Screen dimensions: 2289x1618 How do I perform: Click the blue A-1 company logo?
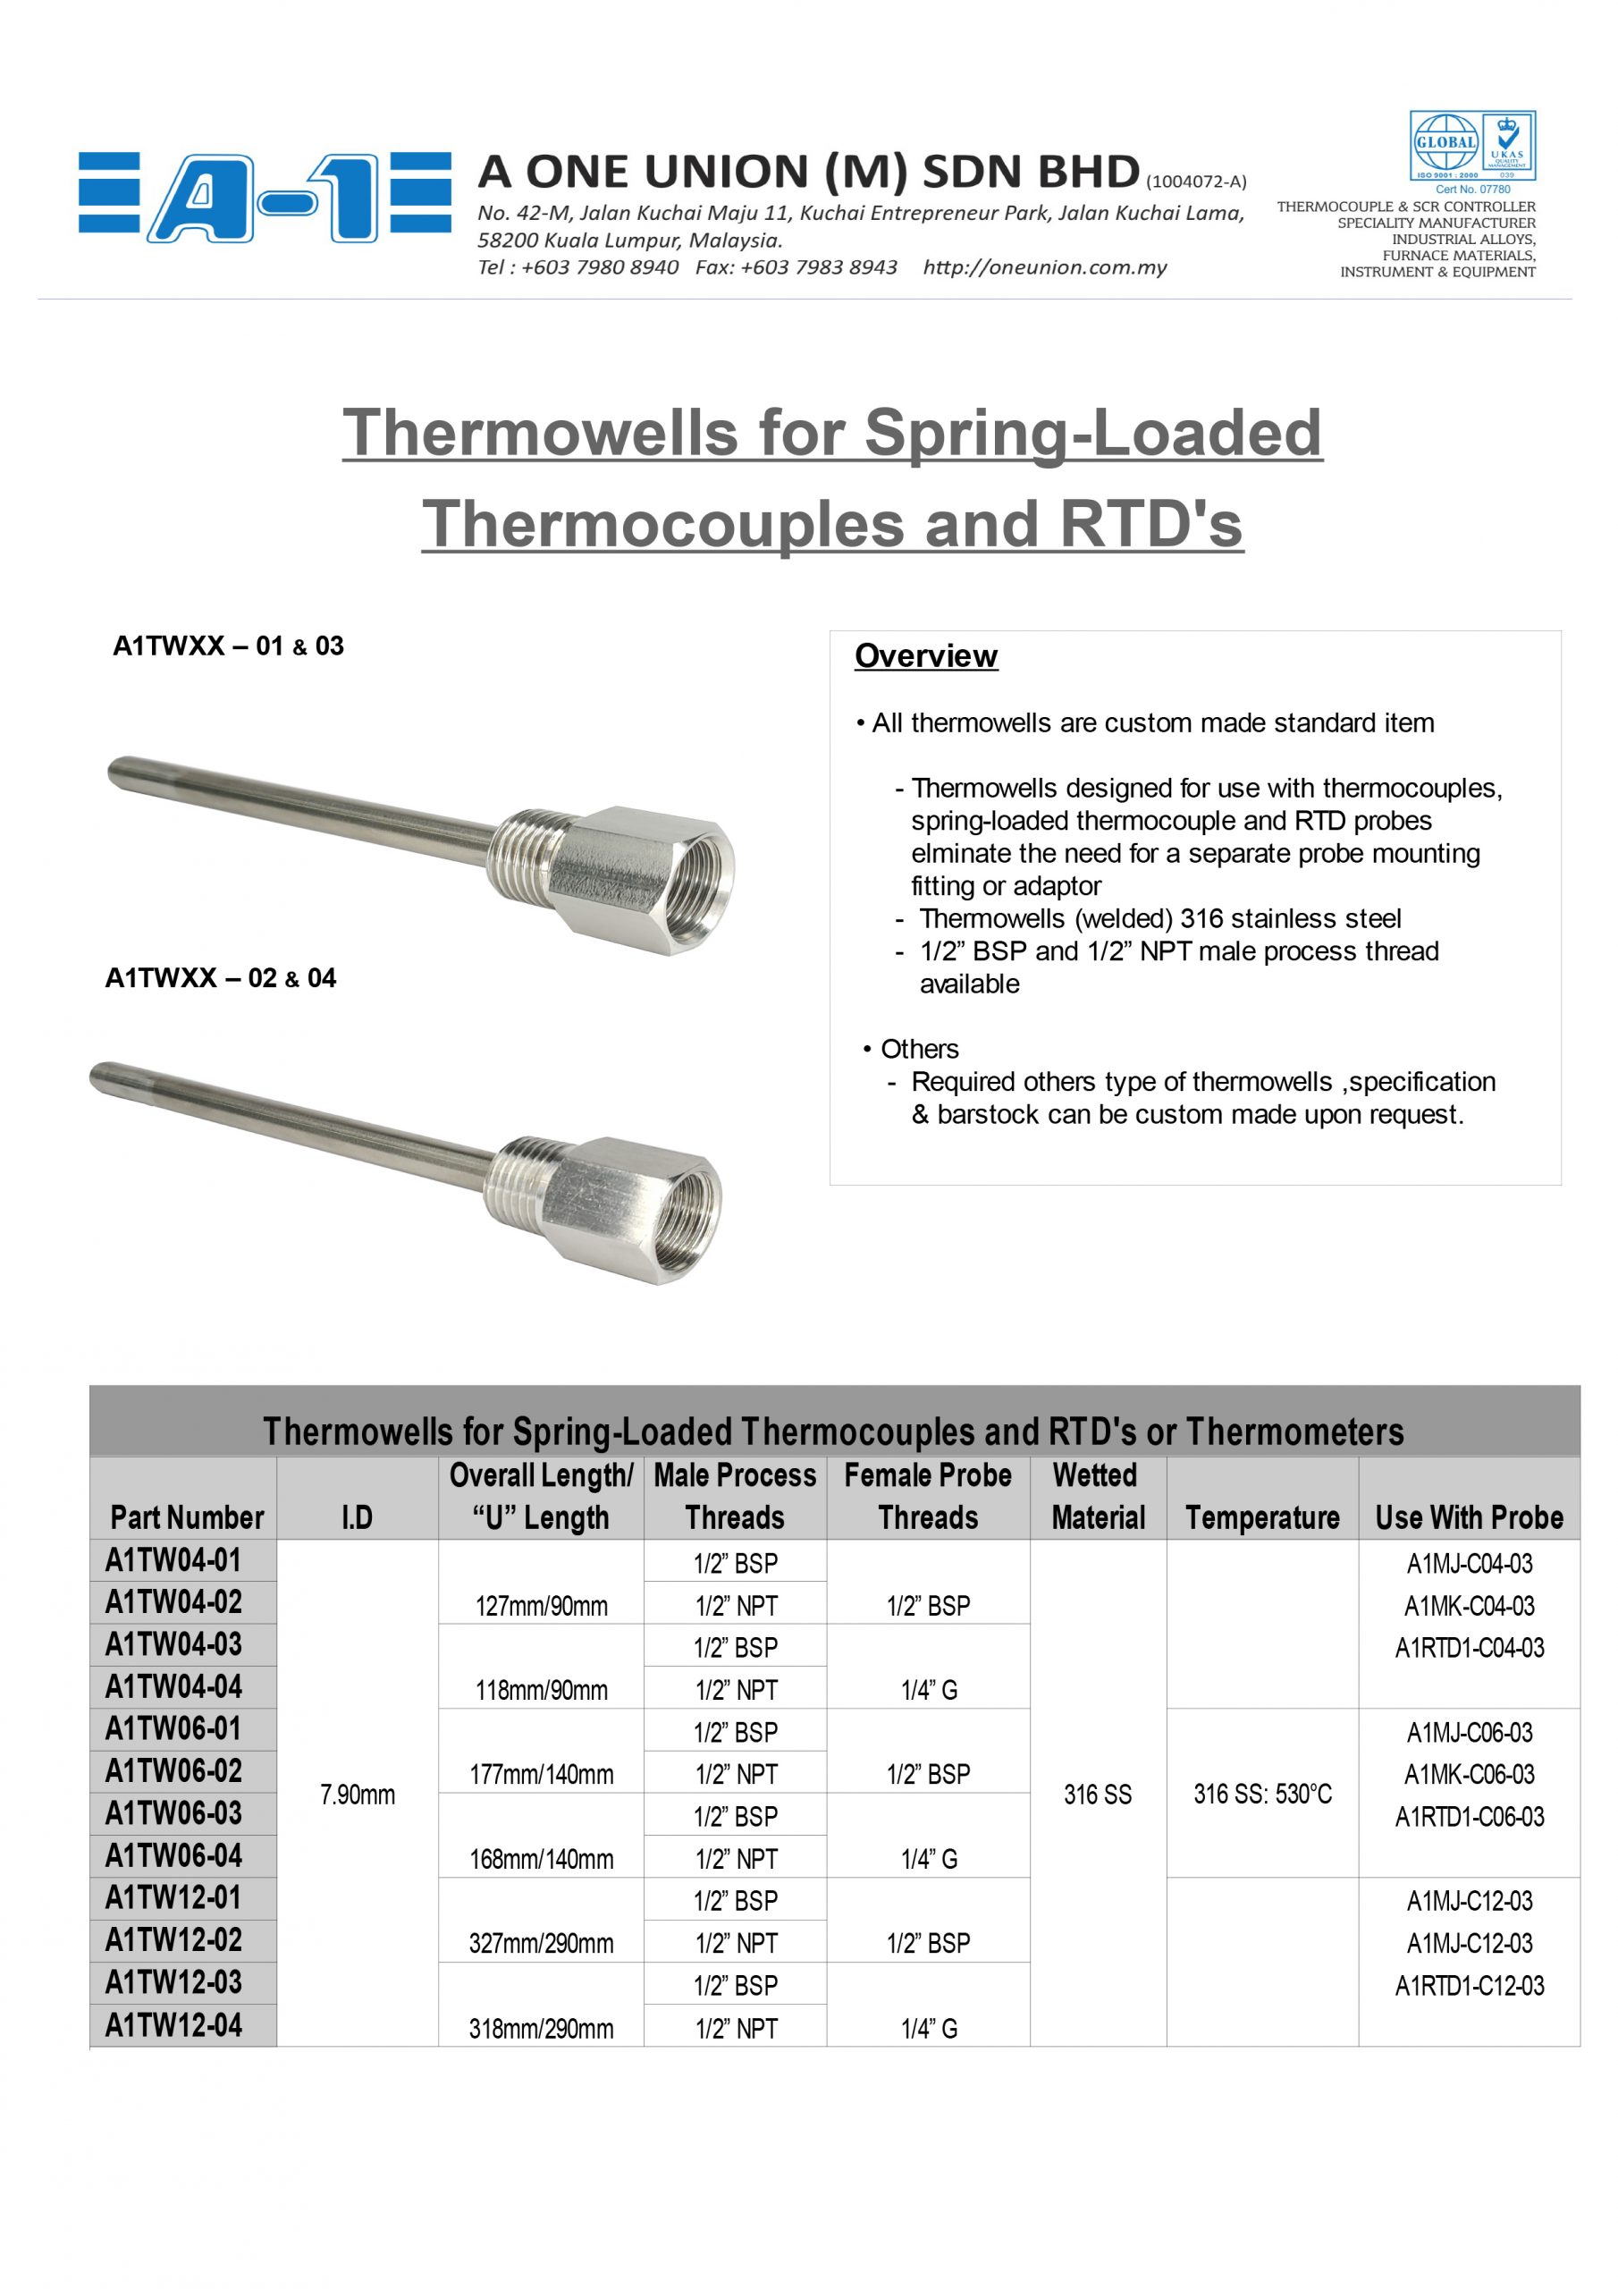(265, 198)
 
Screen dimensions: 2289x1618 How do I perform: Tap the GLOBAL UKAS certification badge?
(1471, 146)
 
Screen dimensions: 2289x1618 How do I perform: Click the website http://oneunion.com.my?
(1044, 267)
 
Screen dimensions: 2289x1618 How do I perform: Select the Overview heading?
(925, 656)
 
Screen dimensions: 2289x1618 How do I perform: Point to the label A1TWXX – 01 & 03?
(228, 646)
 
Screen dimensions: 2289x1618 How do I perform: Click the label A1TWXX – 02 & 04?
(220, 978)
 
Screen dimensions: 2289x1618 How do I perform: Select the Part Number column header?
(187, 1516)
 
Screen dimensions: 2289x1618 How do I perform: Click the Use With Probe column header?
(1469, 1516)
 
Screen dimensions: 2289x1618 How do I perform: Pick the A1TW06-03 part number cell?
(173, 1813)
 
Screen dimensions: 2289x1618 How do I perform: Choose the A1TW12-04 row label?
(173, 2025)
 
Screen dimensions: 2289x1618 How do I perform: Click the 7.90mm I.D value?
(357, 1795)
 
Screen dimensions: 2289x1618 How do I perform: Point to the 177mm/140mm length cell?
(542, 1775)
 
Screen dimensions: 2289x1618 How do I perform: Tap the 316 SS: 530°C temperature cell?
(1262, 1795)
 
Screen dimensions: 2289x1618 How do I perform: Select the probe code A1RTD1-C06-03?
(1469, 1816)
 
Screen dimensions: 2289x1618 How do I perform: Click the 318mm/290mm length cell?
(542, 2029)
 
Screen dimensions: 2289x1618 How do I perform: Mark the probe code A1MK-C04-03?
(1469, 1606)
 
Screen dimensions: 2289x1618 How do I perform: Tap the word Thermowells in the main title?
(540, 433)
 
